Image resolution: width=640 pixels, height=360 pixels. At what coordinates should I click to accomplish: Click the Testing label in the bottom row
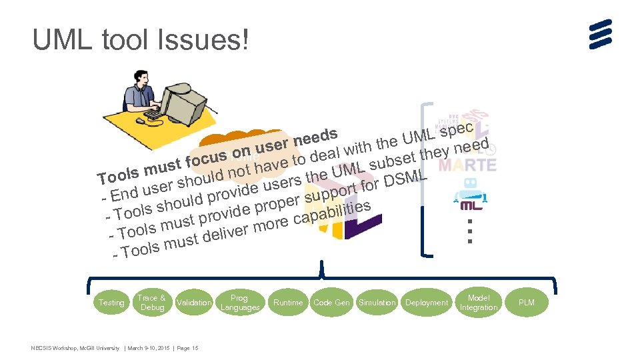tap(111, 303)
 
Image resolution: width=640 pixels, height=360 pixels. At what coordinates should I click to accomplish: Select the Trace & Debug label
tap(151, 303)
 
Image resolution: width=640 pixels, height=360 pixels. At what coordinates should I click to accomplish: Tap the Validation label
tap(194, 303)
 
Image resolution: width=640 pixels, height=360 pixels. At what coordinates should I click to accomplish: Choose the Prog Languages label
tap(239, 303)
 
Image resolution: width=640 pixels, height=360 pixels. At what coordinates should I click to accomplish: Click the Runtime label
tap(288, 303)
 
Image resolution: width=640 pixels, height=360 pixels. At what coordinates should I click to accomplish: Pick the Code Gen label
tap(331, 303)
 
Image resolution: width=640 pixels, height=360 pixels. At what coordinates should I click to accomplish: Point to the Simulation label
tap(377, 303)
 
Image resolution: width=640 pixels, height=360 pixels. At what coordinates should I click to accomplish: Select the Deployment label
tap(427, 303)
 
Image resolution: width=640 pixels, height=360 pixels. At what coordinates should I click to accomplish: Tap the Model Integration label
tap(479, 303)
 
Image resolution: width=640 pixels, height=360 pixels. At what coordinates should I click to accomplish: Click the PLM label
tap(526, 303)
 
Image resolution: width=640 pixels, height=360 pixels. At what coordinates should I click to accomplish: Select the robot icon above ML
tap(467, 190)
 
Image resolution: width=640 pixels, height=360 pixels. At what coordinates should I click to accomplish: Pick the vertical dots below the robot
tap(470, 231)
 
